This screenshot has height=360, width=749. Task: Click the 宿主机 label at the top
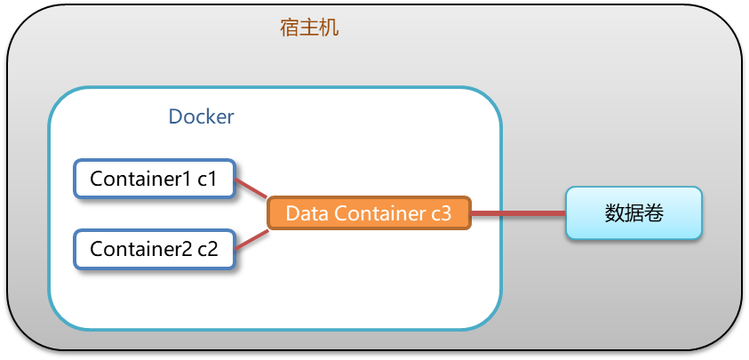[309, 28]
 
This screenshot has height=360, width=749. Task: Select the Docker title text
[201, 116]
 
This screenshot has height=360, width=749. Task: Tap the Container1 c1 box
[154, 179]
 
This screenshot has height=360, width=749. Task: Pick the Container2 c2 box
[154, 248]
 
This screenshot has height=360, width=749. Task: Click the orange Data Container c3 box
[369, 213]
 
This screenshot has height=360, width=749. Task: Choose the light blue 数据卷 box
[633, 213]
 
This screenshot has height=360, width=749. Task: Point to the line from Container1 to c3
[252, 188]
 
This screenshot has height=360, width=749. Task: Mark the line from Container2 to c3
[252, 238]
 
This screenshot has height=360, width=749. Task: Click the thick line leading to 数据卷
[518, 213]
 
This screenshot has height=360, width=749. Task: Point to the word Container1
[140, 179]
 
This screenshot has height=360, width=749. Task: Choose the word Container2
[140, 248]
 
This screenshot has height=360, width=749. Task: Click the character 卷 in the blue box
[654, 213]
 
